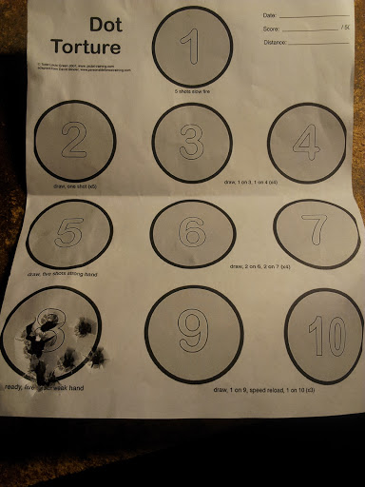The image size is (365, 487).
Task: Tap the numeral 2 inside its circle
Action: (x=74, y=140)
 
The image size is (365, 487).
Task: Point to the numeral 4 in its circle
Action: (x=306, y=142)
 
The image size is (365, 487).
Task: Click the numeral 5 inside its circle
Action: (x=69, y=232)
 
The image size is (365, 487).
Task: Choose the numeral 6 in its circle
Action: (x=192, y=231)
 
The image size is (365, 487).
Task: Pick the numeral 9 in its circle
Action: (x=193, y=333)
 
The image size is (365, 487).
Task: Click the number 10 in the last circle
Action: (x=324, y=335)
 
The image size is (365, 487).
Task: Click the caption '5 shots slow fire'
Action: (x=194, y=90)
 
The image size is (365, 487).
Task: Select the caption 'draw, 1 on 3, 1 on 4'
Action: (x=250, y=181)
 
